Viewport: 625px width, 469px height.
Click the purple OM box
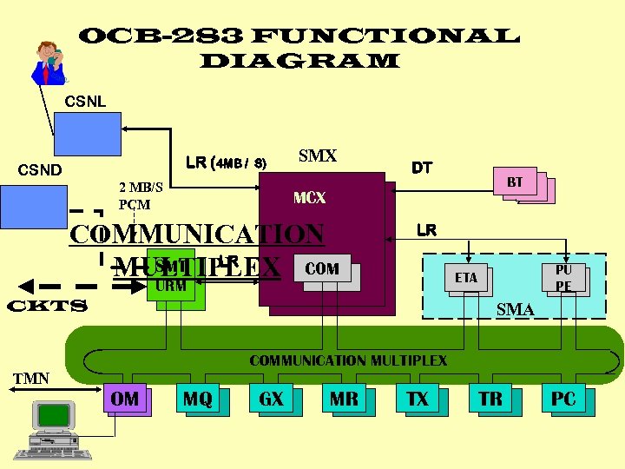[125, 399]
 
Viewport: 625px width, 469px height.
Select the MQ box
[197, 400]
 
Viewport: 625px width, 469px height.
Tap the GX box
[271, 400]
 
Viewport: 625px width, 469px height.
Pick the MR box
[343, 400]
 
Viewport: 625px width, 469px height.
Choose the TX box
[417, 400]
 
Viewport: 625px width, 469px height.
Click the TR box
[490, 400]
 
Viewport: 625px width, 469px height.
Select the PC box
[563, 400]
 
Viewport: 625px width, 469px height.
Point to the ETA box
[466, 278]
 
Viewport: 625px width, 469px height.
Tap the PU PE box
[563, 277]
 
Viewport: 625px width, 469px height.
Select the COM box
[322, 268]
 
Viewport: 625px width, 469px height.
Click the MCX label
[309, 198]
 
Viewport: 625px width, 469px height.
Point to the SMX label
[317, 156]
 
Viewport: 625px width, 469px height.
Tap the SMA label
[515, 308]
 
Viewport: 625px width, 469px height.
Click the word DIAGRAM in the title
[299, 61]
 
